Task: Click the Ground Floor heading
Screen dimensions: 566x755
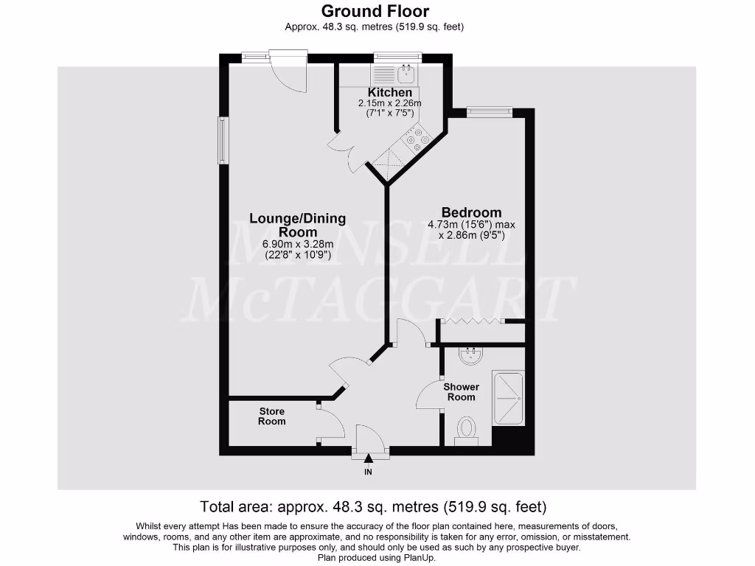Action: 375,11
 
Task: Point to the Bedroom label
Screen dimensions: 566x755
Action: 470,213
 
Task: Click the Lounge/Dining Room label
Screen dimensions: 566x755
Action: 297,225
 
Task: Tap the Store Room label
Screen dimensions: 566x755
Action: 271,416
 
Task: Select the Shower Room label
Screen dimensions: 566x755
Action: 461,392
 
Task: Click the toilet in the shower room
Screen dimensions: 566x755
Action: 466,428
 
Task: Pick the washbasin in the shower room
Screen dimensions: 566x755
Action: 470,357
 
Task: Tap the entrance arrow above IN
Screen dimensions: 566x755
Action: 368,458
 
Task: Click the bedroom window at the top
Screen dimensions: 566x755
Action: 489,111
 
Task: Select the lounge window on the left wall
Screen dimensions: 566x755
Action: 221,140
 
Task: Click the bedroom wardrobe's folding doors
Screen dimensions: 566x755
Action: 470,321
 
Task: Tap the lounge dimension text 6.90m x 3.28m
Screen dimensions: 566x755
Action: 298,245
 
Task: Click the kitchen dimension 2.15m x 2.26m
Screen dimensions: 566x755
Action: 390,103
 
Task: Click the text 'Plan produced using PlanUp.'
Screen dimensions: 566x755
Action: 377,558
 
